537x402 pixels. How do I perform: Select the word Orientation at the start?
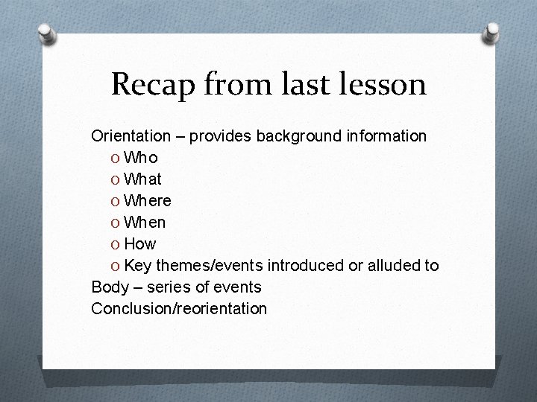[131, 136]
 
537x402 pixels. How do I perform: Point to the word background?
[298, 136]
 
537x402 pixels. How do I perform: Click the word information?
[385, 136]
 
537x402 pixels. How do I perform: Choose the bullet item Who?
[140, 158]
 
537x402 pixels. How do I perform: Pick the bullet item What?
[142, 179]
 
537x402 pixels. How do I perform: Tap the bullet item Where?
[148, 201]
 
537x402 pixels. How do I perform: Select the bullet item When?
[145, 223]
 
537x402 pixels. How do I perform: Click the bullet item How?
[140, 244]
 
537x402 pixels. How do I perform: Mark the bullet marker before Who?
[115, 159]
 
